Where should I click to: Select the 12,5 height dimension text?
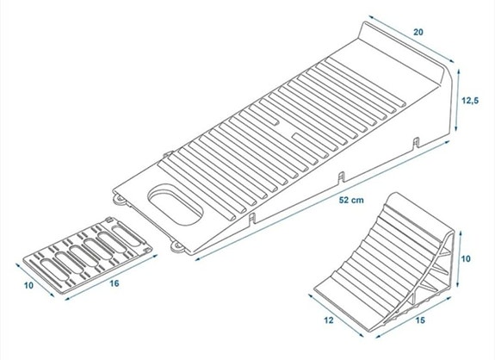(x=470, y=100)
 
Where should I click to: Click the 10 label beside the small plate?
(x=27, y=284)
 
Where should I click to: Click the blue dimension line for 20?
(x=408, y=38)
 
